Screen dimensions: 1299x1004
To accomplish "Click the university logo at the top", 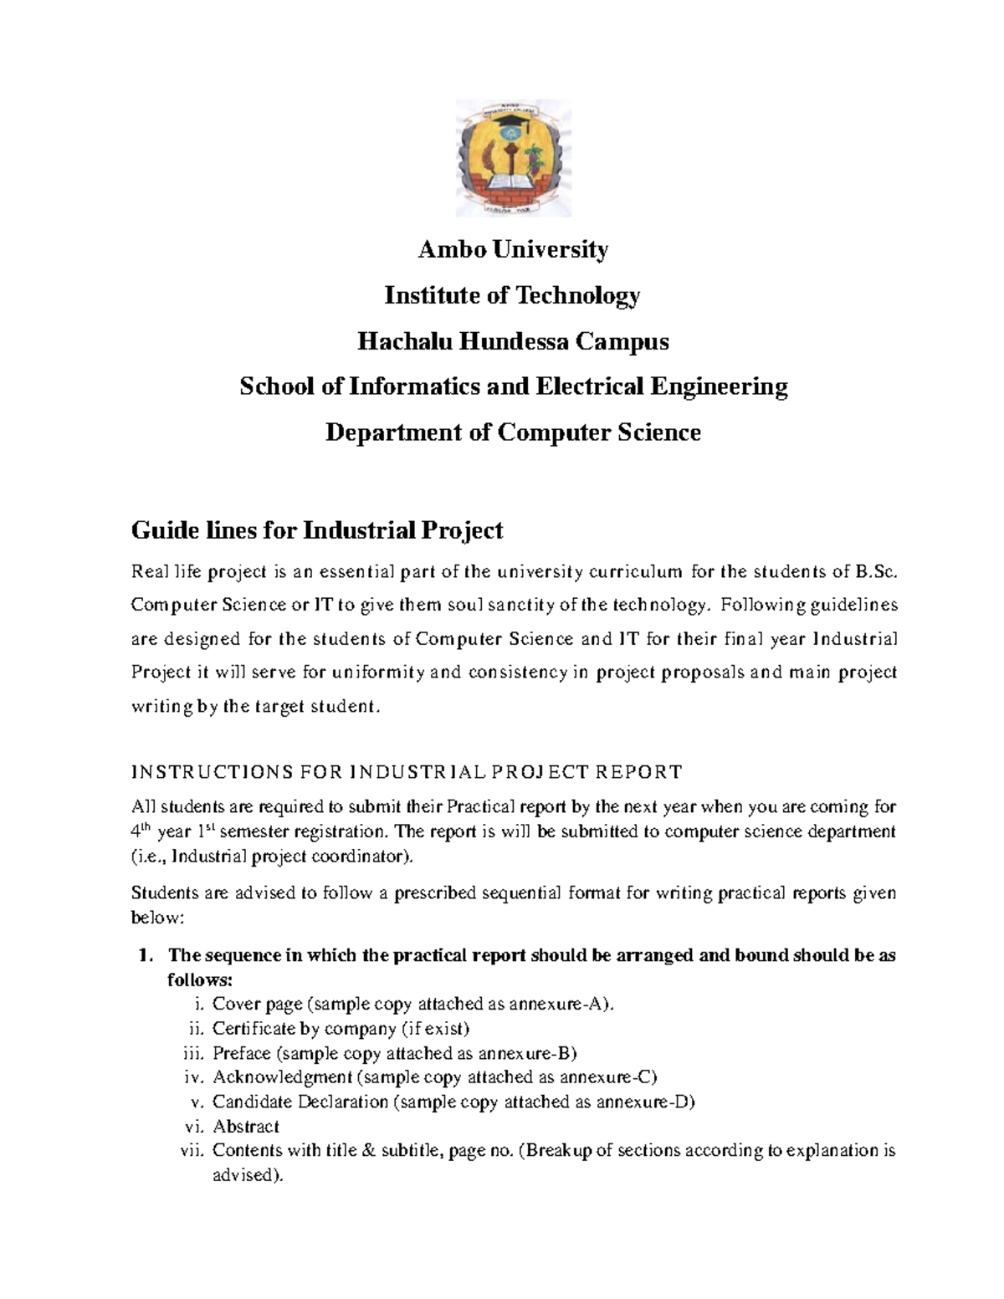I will tap(513, 158).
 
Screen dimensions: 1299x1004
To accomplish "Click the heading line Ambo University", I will tap(513, 249).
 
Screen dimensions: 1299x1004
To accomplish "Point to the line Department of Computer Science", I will tap(513, 432).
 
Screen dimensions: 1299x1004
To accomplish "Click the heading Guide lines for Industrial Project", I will tap(317, 530).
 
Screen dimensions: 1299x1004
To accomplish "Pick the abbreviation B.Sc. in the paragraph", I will tap(876, 573).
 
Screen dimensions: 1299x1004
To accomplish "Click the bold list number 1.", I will tap(145, 955).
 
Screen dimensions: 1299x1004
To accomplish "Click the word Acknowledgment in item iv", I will tap(282, 1077).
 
